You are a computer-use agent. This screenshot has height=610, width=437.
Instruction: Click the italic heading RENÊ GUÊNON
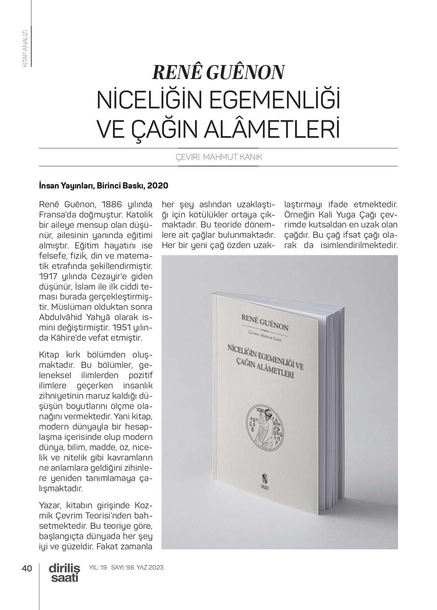[218, 72]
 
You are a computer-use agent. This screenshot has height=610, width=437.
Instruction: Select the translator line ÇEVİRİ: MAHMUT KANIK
[218, 158]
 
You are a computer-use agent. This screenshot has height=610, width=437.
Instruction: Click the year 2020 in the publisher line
[158, 186]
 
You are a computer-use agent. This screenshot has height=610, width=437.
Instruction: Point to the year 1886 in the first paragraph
[114, 204]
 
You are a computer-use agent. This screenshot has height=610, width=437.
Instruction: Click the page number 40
[27, 568]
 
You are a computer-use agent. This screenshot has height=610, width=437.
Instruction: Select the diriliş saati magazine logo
[64, 573]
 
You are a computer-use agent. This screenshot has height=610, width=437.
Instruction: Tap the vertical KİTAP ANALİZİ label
[25, 48]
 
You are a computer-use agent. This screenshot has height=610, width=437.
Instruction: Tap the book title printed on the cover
[264, 360]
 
